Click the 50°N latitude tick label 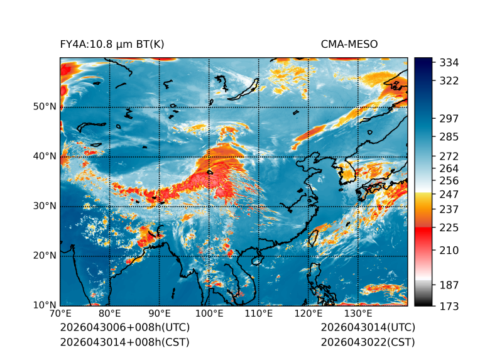point(45,107)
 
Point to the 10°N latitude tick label point(45,305)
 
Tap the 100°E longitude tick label point(209,314)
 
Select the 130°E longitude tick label point(358,314)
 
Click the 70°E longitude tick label point(60,314)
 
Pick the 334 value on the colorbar point(449,63)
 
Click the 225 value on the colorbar point(449,228)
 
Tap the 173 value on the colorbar point(449,306)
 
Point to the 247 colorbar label point(449,194)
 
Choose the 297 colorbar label point(449,119)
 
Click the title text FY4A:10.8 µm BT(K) point(112,45)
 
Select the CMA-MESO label point(349,45)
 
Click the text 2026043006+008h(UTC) point(125,327)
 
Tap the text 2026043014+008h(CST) point(124,342)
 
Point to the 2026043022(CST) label point(368,342)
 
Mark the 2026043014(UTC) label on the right point(368,327)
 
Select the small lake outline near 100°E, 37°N point(210,172)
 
